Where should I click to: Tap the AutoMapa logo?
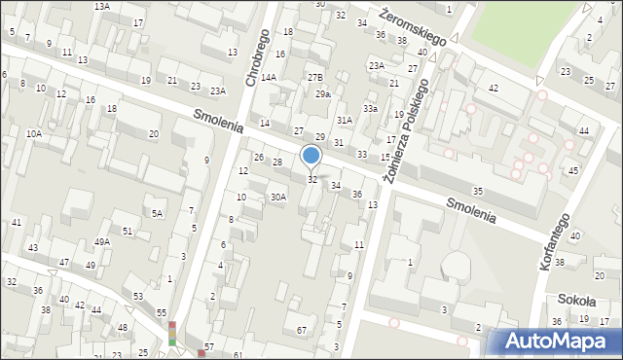554,341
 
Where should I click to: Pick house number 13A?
101,6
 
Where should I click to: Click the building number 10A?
34,133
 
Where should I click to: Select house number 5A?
156,212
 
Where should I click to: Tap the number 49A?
101,241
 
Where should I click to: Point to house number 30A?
278,198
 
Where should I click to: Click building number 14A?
269,77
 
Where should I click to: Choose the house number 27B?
314,77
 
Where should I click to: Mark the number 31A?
344,120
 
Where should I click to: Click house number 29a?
323,94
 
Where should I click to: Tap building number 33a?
370,109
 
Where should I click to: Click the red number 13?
372,204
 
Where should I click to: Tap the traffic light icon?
172,334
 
